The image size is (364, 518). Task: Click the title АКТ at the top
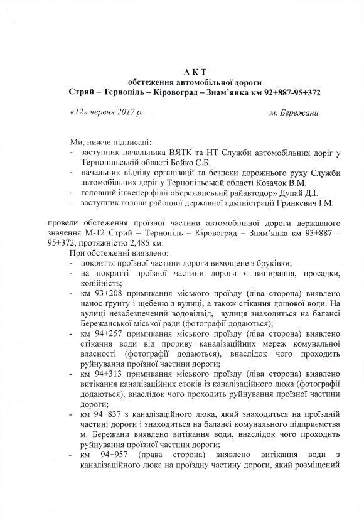(x=181, y=72)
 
